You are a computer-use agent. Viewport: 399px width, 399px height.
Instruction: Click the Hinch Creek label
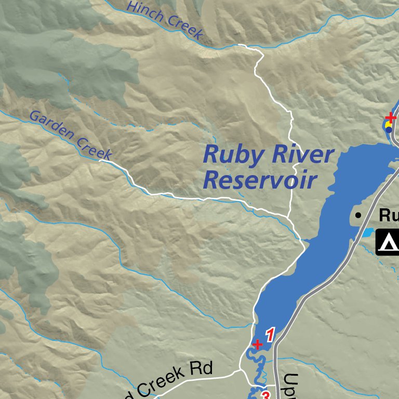click(164, 20)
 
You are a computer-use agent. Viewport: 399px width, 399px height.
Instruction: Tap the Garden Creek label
click(71, 135)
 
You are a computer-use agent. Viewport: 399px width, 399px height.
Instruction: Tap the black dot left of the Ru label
click(358, 215)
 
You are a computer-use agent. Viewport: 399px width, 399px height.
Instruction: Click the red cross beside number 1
click(257, 344)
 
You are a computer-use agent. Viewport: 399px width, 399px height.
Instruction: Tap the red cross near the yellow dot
click(391, 117)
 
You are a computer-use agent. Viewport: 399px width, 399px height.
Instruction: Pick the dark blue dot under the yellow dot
click(389, 130)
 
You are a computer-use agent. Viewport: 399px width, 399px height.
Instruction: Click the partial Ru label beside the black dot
click(389, 215)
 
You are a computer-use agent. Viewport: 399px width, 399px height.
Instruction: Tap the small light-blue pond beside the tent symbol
click(367, 232)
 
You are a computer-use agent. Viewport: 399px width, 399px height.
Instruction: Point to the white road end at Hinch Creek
click(239, 46)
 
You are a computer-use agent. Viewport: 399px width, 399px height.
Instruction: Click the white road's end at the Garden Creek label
click(101, 161)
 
